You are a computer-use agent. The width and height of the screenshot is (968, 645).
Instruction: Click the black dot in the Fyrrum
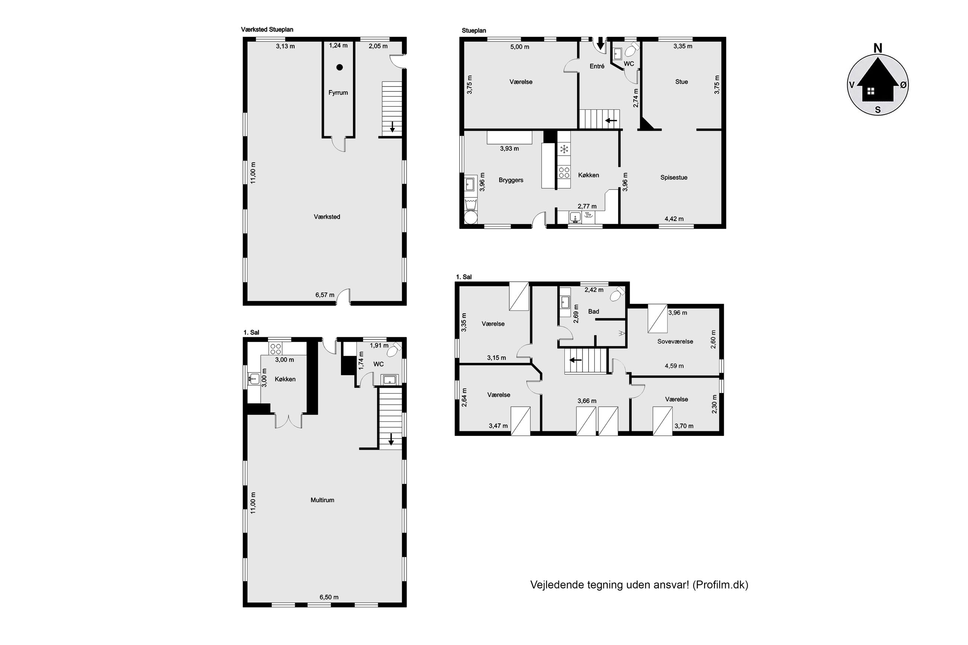340,67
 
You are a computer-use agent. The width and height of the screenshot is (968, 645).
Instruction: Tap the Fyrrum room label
338,93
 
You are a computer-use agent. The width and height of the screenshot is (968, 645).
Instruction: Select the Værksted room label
327,217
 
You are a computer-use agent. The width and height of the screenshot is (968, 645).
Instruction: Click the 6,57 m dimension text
325,294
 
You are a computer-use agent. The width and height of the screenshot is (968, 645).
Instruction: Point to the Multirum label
322,500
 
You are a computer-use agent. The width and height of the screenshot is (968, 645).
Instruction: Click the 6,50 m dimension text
329,597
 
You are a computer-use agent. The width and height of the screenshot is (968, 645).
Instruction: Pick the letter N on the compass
878,48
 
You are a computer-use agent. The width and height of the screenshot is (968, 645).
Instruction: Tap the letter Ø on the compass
903,85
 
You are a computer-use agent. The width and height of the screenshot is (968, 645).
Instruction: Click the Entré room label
597,66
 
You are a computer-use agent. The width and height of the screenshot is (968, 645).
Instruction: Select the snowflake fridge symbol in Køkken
564,149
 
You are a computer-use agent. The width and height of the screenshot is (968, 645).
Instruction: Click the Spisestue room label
674,178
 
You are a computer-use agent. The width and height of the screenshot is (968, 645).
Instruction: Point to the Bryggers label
511,180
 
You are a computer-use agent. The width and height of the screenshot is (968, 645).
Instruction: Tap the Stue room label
681,82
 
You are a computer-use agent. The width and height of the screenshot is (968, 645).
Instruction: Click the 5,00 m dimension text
520,47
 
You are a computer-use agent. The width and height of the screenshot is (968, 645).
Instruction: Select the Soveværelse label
675,341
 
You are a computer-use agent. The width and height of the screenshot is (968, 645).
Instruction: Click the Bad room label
593,312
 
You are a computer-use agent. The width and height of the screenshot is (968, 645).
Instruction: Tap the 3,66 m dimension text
587,401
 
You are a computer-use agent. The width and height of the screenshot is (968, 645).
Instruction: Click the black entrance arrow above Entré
600,43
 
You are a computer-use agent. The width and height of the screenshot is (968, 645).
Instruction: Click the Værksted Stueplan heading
267,30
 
